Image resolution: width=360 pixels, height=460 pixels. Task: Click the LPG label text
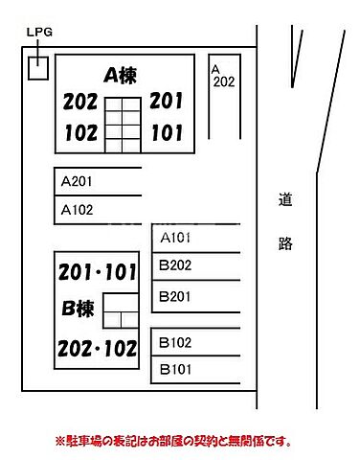(x=40, y=32)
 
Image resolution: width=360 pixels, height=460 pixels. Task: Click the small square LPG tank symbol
(x=38, y=68)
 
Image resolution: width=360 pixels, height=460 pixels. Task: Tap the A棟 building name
(x=122, y=75)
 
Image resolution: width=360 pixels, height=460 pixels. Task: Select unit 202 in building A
(x=80, y=103)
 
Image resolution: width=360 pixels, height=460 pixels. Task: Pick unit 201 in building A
(x=166, y=102)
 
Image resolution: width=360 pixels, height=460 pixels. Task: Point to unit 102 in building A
(x=80, y=133)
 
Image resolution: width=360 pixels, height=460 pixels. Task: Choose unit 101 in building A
(x=166, y=133)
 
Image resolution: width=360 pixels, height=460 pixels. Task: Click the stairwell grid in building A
(x=123, y=125)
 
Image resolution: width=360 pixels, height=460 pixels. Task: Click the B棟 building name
(x=78, y=310)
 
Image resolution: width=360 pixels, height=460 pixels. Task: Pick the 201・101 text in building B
(x=97, y=272)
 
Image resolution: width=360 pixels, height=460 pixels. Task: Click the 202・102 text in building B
(x=97, y=349)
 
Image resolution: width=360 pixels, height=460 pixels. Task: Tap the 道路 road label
(x=285, y=222)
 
